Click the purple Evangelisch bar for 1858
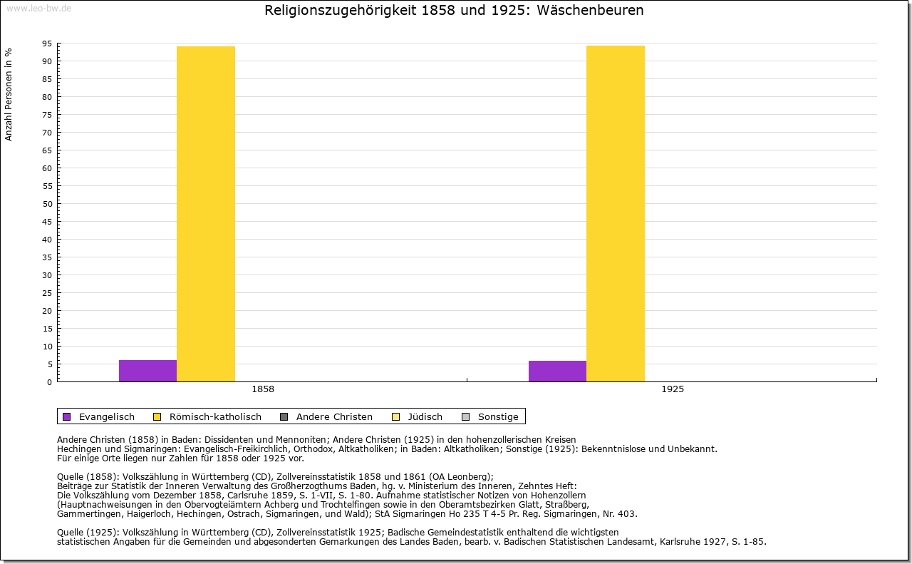tap(147, 371)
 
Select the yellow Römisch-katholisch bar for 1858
tap(206, 214)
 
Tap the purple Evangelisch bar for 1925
tap(557, 371)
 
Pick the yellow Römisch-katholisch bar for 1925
tap(615, 213)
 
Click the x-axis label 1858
tap(263, 389)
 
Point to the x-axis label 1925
tap(673, 389)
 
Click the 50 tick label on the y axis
tap(47, 204)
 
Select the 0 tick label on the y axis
tap(50, 382)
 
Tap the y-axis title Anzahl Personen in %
tap(9, 95)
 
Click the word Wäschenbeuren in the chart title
tap(590, 10)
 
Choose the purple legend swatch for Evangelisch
tap(67, 417)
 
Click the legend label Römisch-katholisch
tap(215, 417)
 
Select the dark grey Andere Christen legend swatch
tap(284, 417)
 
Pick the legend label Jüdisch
tap(425, 417)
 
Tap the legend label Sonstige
tap(498, 417)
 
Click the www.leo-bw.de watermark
tap(38, 8)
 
